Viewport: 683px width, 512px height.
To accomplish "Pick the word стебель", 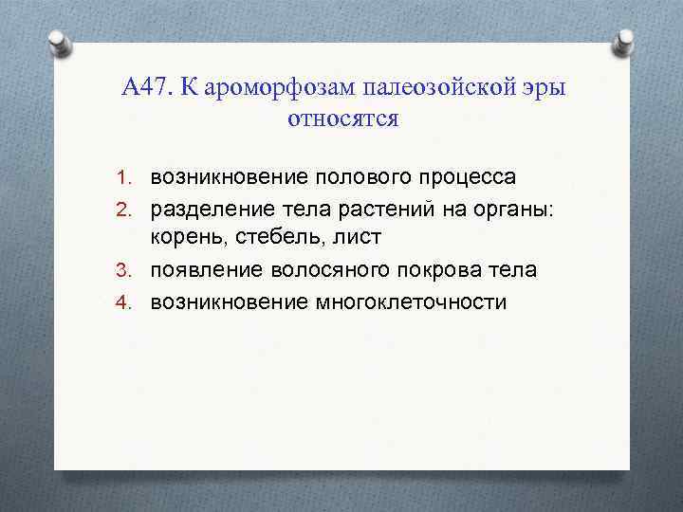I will (x=269, y=239).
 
